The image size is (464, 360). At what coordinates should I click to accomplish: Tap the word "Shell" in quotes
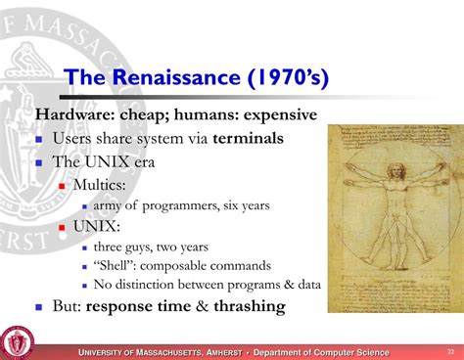pos(116,265)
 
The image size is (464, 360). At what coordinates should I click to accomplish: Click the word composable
pos(179,265)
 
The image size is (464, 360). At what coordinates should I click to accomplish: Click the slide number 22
pos(450,351)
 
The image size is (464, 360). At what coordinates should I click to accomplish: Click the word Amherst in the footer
pos(221,352)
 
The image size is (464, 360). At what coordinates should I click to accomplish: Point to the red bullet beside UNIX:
pos(62,226)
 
